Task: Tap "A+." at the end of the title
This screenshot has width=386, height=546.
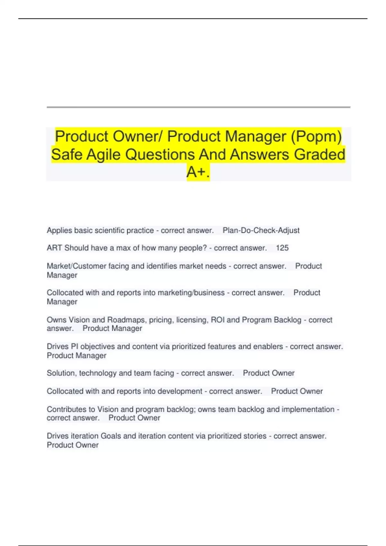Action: (198, 172)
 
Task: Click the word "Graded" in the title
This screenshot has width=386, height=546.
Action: (319, 154)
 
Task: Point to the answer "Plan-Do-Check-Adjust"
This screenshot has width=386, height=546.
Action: (261, 231)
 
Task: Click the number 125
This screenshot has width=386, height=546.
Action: (282, 248)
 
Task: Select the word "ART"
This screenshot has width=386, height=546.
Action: (54, 248)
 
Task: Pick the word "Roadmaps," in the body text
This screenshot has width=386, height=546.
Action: (126, 320)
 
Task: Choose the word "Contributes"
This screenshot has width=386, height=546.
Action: (67, 409)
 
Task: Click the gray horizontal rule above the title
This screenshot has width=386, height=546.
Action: (198, 107)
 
